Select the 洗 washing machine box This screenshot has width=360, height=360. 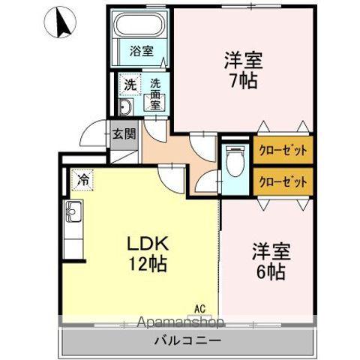(x=129, y=85)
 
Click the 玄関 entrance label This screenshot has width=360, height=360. (x=124, y=135)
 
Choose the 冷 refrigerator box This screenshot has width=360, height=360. (x=83, y=180)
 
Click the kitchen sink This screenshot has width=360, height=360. (x=75, y=213)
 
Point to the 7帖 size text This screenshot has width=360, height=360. (x=244, y=79)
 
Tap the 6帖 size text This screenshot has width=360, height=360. (x=270, y=271)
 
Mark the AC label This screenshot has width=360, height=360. (x=200, y=307)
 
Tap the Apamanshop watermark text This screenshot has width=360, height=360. (x=179, y=323)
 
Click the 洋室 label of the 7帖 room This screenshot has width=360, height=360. (x=244, y=58)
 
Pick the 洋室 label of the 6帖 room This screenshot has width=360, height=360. (x=270, y=250)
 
